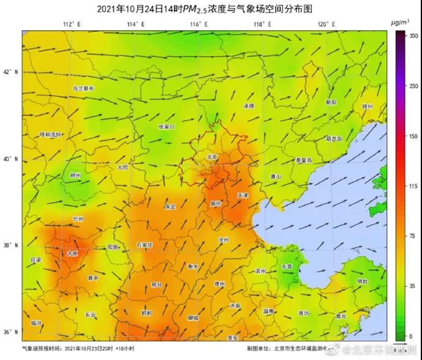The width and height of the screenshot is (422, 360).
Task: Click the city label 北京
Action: [212, 157]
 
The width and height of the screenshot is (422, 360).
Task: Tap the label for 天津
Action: [242, 195]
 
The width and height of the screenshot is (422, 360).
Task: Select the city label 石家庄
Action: [145, 245]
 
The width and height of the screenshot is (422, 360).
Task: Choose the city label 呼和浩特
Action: [51, 134]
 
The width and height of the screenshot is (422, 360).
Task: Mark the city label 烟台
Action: [362, 282]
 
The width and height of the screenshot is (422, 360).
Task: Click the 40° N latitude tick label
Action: [12, 159]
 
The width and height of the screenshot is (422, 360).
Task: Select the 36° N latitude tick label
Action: [12, 333]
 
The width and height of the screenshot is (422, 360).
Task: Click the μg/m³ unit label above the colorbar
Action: [400, 22]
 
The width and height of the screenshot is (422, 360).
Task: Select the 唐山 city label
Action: [276, 176]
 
